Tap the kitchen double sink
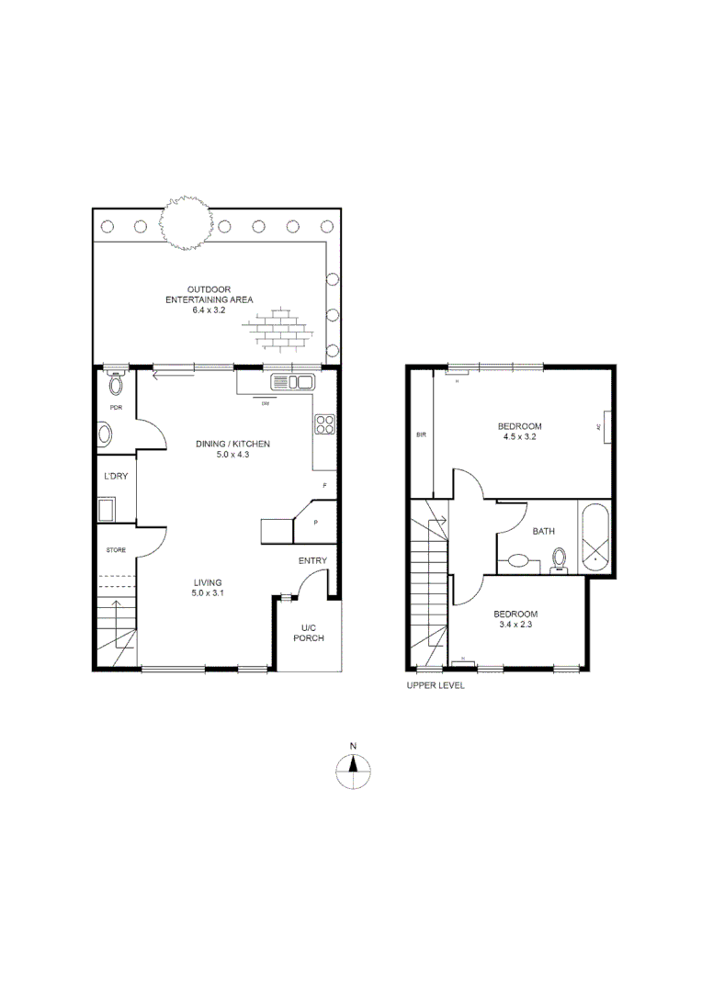(294, 381)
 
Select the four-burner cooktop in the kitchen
(325, 423)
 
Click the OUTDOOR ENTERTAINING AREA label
(209, 300)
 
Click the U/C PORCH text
(308, 634)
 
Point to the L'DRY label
(116, 477)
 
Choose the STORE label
(115, 550)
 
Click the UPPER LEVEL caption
(436, 685)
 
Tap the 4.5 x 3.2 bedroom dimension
(519, 437)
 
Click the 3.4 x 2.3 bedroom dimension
(515, 625)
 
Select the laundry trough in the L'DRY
(107, 509)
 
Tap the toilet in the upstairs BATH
(558, 559)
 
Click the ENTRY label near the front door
(312, 561)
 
